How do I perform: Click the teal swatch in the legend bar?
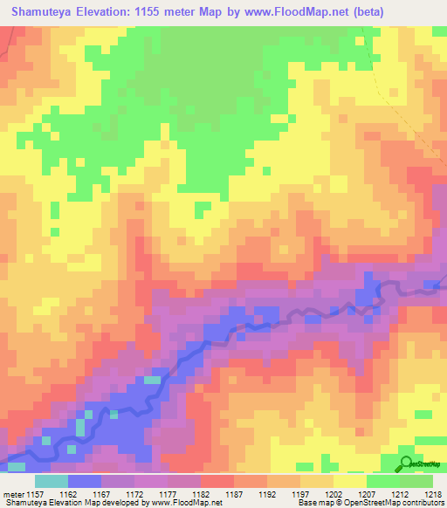pos(52,481)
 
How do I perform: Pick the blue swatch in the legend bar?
pos(85,481)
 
